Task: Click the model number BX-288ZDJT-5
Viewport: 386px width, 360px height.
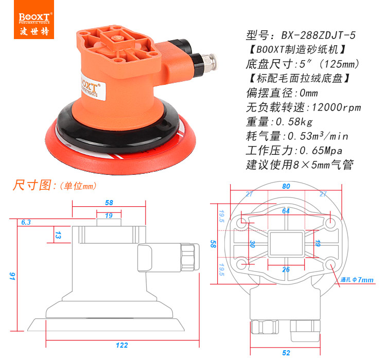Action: tap(318, 35)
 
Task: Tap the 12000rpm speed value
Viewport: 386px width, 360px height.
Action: tap(336, 107)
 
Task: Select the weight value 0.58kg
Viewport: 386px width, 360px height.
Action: tap(294, 121)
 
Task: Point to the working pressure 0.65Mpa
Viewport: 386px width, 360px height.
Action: tap(321, 150)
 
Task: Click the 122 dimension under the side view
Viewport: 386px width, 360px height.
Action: tap(122, 345)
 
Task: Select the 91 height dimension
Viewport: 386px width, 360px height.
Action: tap(12, 276)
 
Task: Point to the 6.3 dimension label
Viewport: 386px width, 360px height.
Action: tap(26, 222)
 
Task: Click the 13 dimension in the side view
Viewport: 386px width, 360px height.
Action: tap(58, 235)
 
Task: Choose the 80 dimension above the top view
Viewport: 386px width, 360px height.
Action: tap(286, 186)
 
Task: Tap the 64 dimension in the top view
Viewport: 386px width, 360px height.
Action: tap(286, 211)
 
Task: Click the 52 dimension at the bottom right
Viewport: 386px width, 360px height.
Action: tap(286, 353)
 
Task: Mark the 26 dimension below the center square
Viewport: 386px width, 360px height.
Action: tap(286, 269)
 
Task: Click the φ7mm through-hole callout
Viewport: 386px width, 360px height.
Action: tap(357, 280)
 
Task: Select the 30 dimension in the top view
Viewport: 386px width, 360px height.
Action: tap(252, 244)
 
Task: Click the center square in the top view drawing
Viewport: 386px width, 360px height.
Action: tap(286, 244)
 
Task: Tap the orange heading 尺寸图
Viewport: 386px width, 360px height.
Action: tap(32, 185)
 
